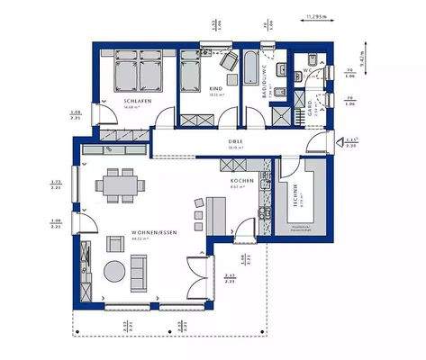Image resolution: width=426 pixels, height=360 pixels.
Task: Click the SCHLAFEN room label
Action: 136,102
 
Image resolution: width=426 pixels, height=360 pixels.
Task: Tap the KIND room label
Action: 215,89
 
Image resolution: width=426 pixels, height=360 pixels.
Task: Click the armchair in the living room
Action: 115,243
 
